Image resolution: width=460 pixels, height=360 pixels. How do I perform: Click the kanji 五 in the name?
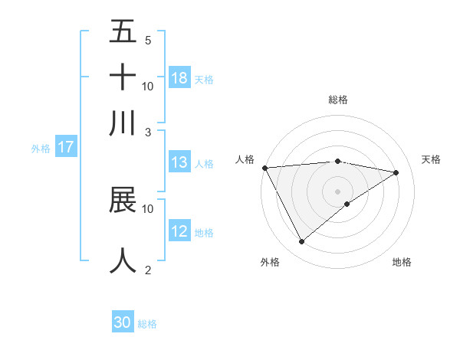(x=123, y=31)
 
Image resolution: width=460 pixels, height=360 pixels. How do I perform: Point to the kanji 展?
(x=123, y=200)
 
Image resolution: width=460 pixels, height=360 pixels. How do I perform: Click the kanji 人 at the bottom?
(x=123, y=260)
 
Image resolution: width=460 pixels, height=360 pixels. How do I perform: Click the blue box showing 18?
(x=179, y=78)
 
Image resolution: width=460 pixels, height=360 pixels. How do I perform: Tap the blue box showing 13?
(x=179, y=162)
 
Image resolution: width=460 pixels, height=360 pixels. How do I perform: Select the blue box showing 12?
(x=179, y=231)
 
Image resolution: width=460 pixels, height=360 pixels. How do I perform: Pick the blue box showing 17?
(x=66, y=147)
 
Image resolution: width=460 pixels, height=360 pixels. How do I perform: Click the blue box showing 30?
(x=123, y=322)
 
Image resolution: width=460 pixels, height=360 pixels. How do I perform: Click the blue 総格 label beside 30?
(x=147, y=324)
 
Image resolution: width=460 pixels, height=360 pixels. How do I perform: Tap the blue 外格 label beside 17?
(x=41, y=149)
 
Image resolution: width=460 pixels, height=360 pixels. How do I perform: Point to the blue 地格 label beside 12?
(x=205, y=233)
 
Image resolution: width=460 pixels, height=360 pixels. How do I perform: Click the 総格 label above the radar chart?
(x=337, y=100)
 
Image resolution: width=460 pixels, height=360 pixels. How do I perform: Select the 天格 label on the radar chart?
(x=432, y=159)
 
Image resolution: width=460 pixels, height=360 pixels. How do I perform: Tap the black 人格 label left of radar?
(x=245, y=159)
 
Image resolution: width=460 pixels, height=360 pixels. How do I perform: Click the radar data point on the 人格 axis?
(x=264, y=168)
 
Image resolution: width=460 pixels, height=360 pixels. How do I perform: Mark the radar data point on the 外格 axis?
(x=301, y=242)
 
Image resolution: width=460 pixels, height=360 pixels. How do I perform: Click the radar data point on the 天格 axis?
(x=396, y=172)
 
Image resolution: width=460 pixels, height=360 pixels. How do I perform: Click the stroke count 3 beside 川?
(x=148, y=132)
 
